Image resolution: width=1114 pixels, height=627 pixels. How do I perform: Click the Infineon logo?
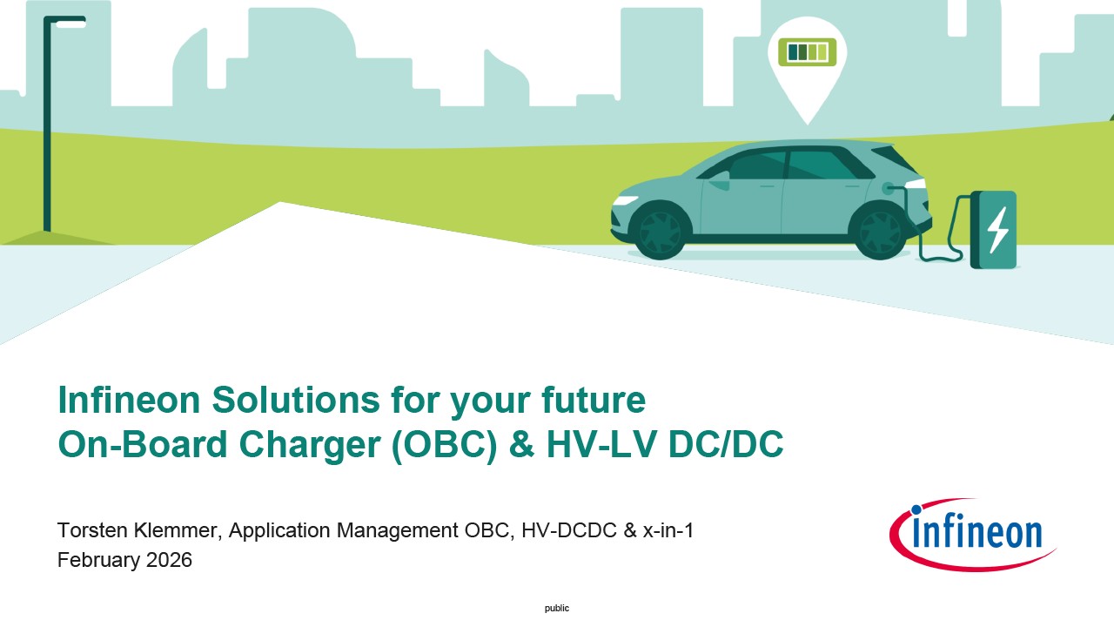973,535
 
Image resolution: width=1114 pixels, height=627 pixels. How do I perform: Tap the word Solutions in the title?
296,400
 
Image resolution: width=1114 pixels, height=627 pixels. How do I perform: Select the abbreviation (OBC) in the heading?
445,444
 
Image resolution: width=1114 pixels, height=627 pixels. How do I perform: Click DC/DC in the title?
726,444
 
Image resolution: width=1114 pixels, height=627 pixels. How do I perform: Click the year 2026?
169,560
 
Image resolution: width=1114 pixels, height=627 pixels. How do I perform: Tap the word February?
99,560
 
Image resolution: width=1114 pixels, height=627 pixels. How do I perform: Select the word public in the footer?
557,608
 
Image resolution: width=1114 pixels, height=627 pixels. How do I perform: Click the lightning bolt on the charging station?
997,230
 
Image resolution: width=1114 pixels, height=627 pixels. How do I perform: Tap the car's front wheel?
660,231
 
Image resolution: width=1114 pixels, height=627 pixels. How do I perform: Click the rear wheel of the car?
879,231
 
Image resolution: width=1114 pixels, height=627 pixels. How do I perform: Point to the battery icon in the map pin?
807,51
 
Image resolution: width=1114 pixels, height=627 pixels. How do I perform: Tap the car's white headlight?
625,200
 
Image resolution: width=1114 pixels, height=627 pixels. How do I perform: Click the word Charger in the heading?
310,444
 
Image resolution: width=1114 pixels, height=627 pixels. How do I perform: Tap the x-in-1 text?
668,530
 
